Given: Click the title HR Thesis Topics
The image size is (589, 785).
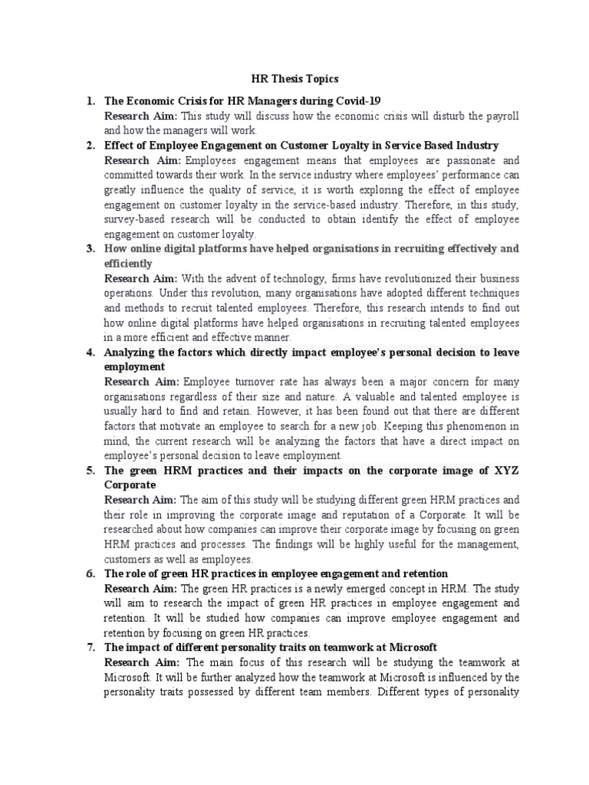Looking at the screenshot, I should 295,79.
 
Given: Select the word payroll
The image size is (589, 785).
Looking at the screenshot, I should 499,116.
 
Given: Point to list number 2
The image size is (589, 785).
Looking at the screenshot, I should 89,145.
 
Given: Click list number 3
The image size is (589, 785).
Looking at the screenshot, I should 89,248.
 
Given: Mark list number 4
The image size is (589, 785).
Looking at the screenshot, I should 89,352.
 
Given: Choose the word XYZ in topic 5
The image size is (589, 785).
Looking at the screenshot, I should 503,470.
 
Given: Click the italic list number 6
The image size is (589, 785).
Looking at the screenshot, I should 89,573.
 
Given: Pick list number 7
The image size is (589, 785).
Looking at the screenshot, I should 89,647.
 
